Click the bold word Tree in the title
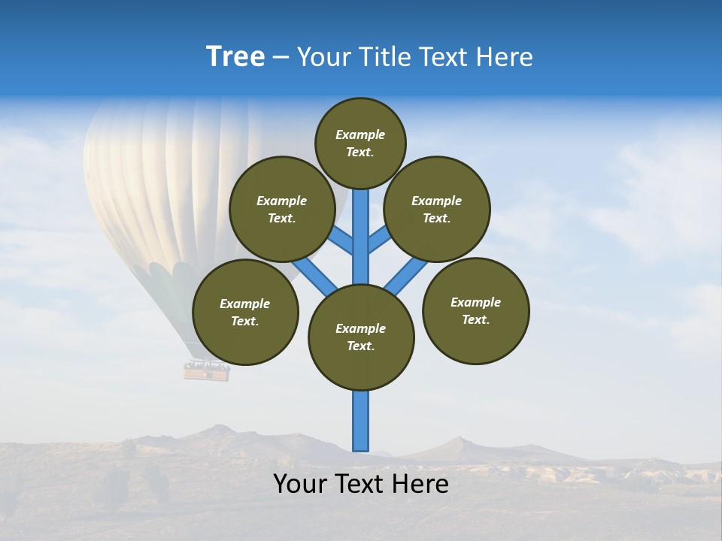[235, 57]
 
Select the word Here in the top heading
[506, 57]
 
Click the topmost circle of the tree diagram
[360, 143]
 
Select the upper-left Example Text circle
[281, 209]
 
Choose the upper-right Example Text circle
[437, 209]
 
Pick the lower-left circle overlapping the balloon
[245, 312]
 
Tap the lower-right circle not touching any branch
[475, 310]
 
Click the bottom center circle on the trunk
[361, 337]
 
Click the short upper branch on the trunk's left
[342, 240]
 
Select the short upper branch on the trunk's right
[379, 240]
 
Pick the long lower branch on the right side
[406, 275]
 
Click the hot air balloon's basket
[206, 370]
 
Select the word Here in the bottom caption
[422, 484]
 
